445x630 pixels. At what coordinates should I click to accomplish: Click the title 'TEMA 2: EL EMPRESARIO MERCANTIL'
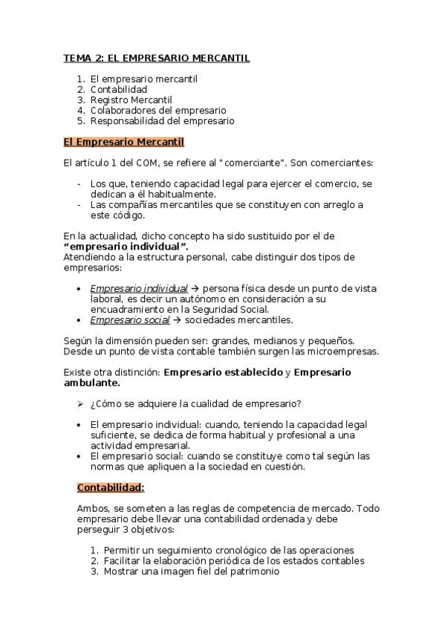pos(156,57)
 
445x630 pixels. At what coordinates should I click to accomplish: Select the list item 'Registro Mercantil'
pos(131,99)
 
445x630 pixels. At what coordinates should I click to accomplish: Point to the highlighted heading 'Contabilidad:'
pos(111,487)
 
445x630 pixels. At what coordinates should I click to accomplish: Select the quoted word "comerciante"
pos(247,162)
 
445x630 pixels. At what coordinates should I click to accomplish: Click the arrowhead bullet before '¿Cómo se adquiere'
pos(81,404)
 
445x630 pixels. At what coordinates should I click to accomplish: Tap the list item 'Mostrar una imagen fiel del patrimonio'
pos(192,572)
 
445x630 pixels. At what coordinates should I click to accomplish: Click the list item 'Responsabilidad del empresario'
pos(162,120)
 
